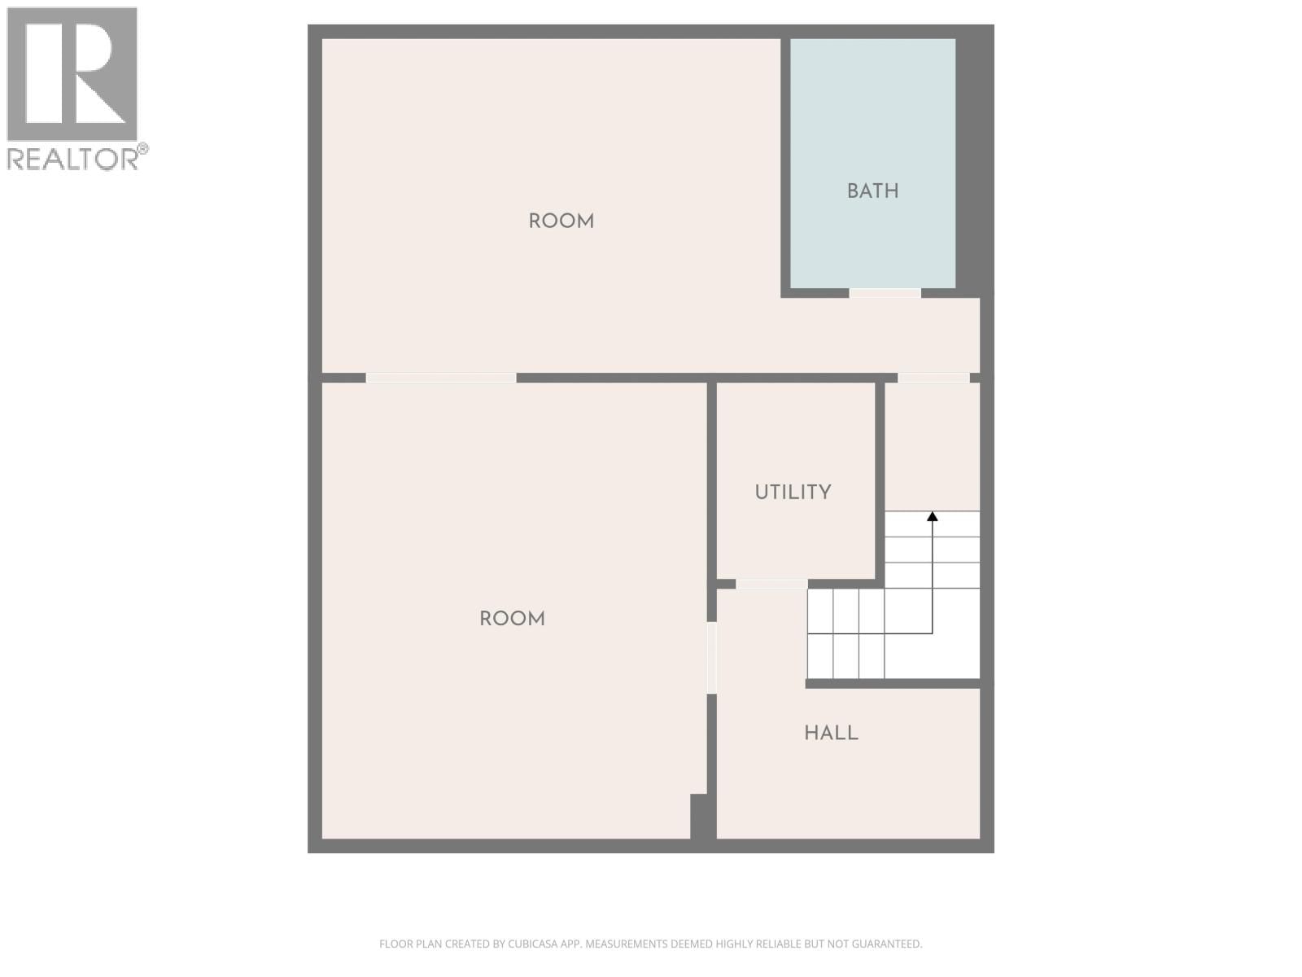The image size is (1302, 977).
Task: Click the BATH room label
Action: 872,191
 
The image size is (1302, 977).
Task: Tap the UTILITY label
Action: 793,493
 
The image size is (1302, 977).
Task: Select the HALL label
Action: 831,733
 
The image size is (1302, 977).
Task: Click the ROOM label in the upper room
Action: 561,221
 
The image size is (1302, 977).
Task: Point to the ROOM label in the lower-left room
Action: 512,619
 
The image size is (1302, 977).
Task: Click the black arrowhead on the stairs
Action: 933,516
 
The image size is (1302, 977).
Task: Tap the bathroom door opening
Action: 885,293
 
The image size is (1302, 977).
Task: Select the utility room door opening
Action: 771,584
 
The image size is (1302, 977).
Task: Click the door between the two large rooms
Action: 441,378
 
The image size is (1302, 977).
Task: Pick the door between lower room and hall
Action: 712,657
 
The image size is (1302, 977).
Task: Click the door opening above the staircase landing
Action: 933,378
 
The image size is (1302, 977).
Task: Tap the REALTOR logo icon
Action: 72,74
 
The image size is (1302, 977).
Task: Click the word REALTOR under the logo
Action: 72,159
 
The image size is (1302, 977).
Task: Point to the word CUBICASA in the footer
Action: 531,944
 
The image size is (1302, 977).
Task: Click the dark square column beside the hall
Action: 701,816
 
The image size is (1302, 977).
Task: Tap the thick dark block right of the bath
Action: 973,163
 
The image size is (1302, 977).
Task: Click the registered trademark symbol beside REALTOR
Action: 142,148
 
